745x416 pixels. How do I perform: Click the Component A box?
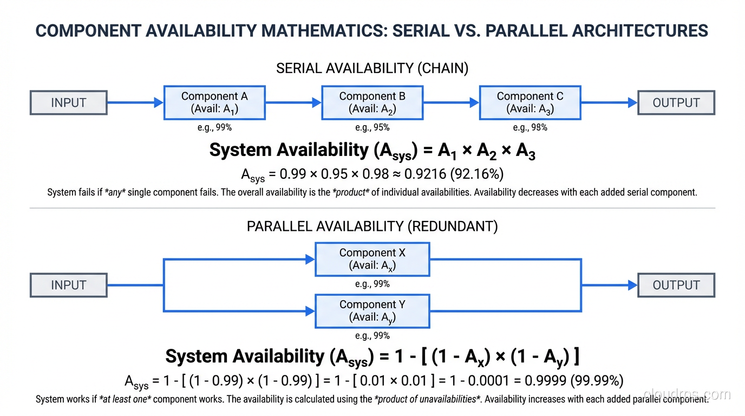(x=214, y=102)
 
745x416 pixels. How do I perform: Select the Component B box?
(x=372, y=102)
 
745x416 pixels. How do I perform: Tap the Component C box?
(x=530, y=102)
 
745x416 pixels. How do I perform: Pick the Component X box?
(x=372, y=259)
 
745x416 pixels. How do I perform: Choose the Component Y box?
(x=372, y=311)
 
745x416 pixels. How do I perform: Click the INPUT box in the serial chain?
(x=68, y=103)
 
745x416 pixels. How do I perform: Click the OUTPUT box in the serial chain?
(x=676, y=103)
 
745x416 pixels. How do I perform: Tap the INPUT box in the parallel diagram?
(x=68, y=285)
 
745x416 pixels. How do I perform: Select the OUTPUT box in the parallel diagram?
(x=676, y=285)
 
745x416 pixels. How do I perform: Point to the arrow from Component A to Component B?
(x=293, y=102)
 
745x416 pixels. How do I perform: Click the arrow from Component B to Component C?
(x=451, y=102)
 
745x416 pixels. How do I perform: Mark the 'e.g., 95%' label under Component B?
(x=372, y=128)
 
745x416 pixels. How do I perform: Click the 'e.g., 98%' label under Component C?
(x=530, y=128)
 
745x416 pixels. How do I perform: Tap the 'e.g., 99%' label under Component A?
(x=214, y=128)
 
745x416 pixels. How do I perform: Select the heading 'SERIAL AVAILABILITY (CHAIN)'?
(x=372, y=68)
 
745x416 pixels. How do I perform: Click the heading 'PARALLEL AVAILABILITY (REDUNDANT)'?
(x=372, y=226)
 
